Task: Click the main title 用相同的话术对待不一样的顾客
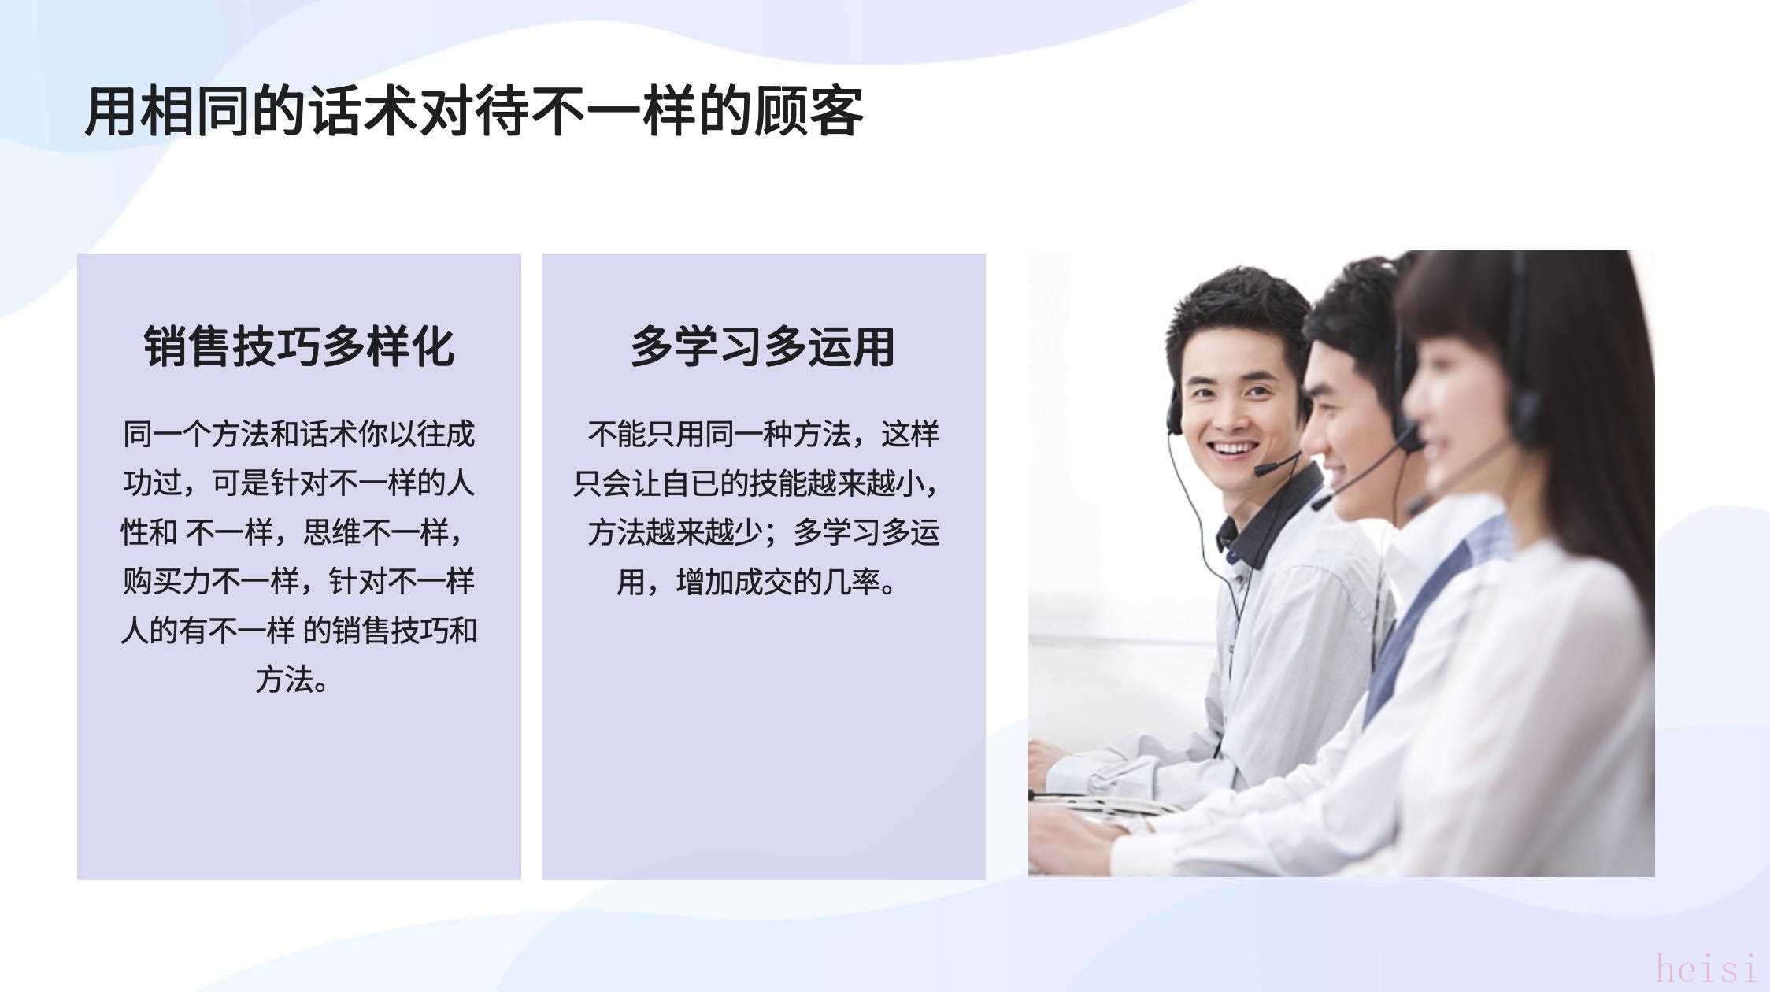[474, 112]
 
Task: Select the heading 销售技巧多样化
[299, 346]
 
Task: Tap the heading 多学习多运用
[763, 346]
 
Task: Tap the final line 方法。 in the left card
[291, 679]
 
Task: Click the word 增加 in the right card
[705, 582]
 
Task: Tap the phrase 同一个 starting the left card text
[166, 434]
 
